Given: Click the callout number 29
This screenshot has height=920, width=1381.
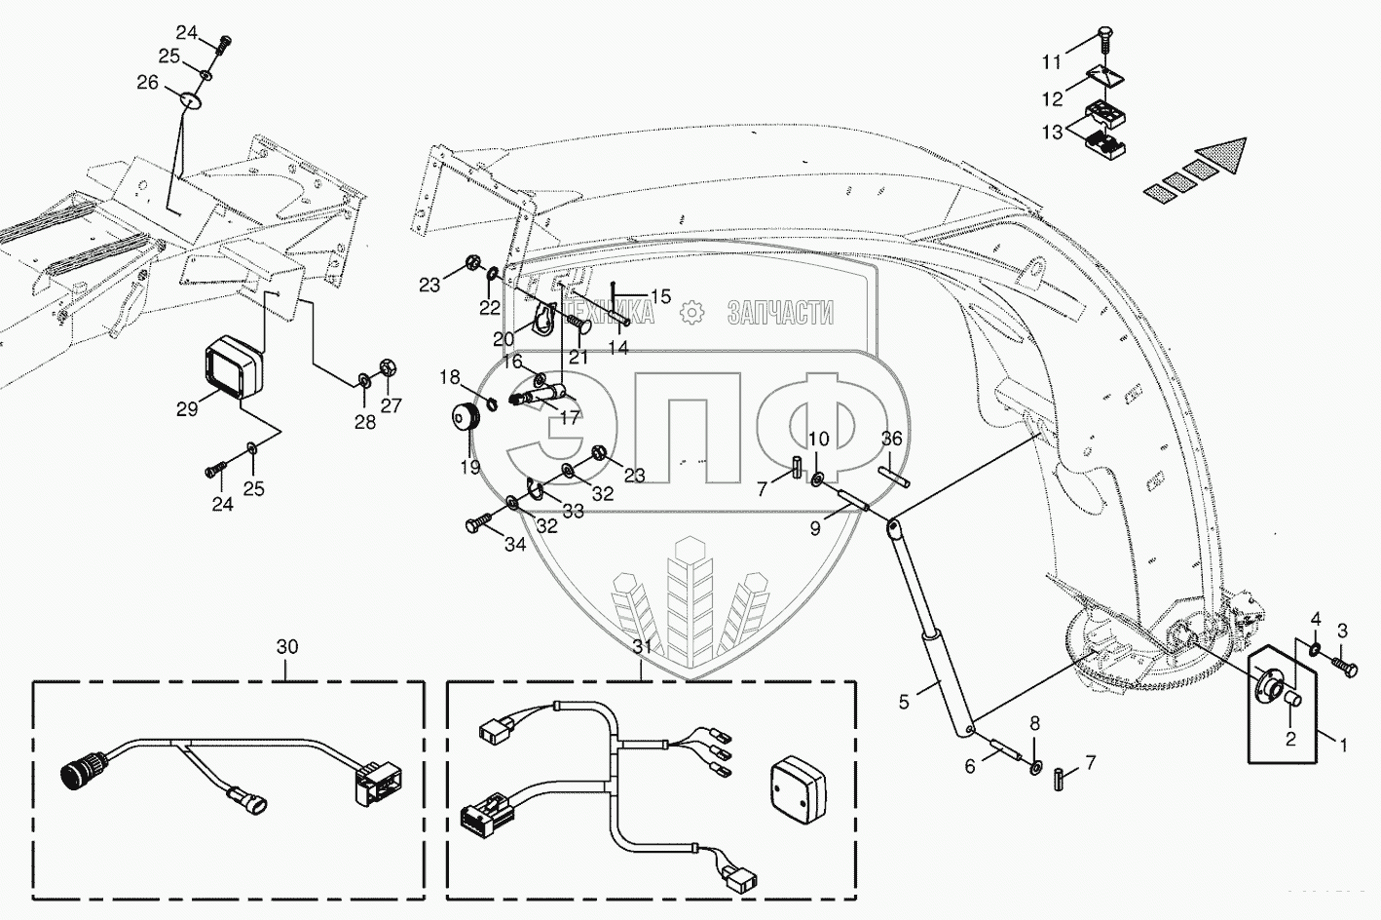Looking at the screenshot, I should pos(187,409).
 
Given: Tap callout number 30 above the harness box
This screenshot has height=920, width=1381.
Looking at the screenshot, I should pos(286,646).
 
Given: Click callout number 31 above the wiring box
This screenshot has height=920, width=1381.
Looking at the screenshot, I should pos(641,646).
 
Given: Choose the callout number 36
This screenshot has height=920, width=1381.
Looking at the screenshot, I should pos(892,440).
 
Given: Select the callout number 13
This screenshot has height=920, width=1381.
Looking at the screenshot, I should pos(1051,133).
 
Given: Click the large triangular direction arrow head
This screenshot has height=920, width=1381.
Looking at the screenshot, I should pos(1223,157).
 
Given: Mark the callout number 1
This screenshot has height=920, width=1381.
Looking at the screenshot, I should pos(1343,746).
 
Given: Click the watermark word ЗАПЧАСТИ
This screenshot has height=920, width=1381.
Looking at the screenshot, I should pos(780,313).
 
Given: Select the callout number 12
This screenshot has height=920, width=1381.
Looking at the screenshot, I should pos(1052,99).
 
